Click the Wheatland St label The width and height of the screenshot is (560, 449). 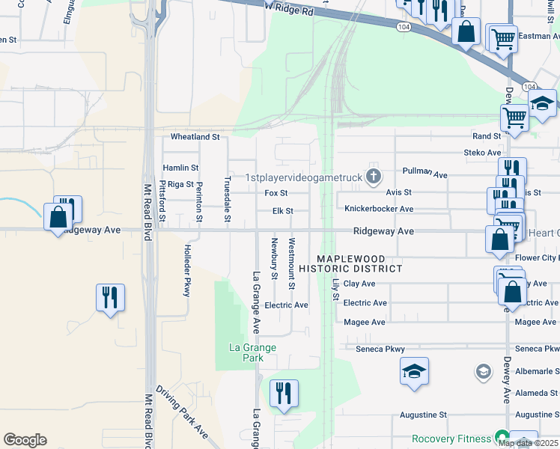(195, 137)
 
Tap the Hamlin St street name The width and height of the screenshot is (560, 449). (180, 168)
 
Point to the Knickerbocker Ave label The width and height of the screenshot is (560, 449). (379, 209)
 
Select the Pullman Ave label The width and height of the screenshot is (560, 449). (424, 173)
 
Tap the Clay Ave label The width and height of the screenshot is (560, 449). (359, 284)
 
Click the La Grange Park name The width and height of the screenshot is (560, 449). (252, 352)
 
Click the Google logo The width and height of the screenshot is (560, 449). (25, 440)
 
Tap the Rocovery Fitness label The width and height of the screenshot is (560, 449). (452, 438)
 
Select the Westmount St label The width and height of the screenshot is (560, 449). (292, 263)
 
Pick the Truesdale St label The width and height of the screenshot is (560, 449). (227, 200)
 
